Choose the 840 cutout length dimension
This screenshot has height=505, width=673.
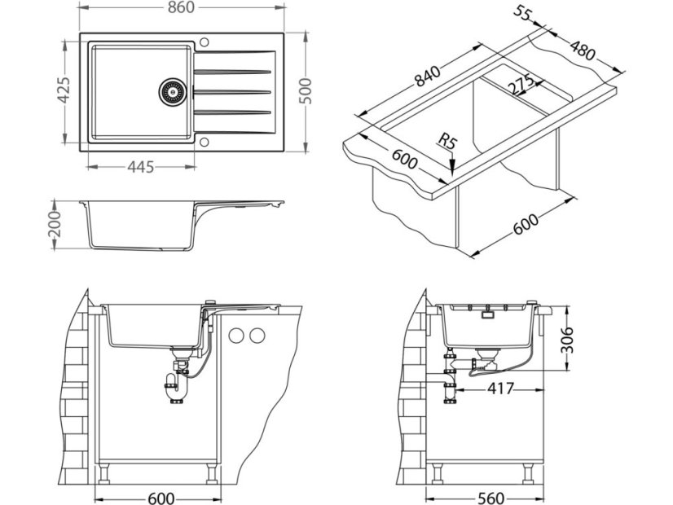pos(428,76)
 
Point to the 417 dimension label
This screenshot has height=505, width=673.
pos(499,389)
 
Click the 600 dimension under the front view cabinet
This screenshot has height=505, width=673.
pos(160,496)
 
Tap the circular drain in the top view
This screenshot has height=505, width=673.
pos(171,91)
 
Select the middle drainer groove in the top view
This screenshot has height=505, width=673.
pos(231,91)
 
